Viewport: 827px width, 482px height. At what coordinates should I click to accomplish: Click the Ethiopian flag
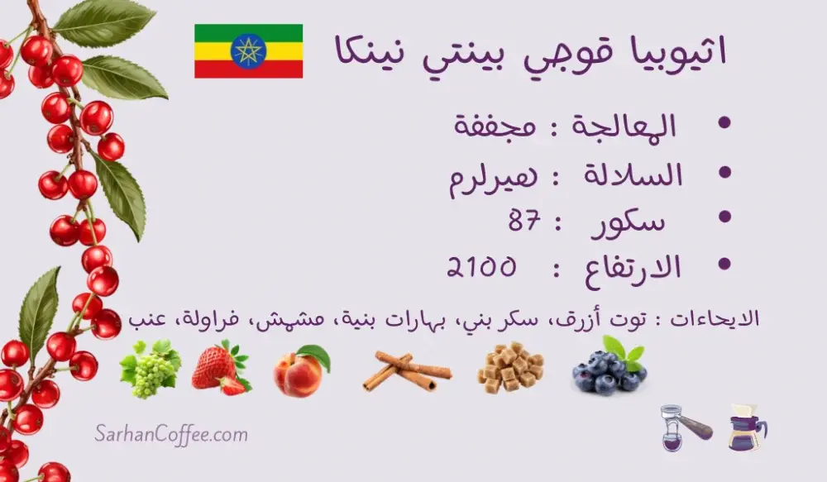(x=248, y=51)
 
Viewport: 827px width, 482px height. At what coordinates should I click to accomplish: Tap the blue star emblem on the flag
(x=248, y=51)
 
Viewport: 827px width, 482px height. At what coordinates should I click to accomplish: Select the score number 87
(x=525, y=221)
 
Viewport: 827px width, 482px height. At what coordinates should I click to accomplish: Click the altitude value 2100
(x=481, y=267)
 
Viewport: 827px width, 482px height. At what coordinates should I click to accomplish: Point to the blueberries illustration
(x=609, y=366)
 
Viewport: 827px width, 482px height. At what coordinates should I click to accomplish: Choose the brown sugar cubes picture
(x=510, y=368)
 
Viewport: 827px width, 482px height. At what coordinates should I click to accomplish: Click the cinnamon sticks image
(x=407, y=372)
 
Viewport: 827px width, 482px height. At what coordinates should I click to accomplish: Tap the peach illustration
(x=301, y=370)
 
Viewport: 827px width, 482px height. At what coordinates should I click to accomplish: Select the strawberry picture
(x=221, y=369)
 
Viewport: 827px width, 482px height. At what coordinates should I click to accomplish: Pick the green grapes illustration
(x=151, y=369)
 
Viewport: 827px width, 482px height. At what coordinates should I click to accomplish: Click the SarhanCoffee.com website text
(x=171, y=435)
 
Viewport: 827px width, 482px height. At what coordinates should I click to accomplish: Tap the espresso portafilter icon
(x=685, y=427)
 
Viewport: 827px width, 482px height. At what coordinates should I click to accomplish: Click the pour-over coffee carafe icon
(x=747, y=427)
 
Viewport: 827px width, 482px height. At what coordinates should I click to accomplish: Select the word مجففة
(x=495, y=126)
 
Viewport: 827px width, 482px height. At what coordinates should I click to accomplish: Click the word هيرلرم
(x=493, y=177)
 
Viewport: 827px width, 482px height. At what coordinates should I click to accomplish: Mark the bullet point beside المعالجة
(x=724, y=123)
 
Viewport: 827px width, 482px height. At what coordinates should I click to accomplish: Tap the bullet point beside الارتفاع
(x=724, y=263)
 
